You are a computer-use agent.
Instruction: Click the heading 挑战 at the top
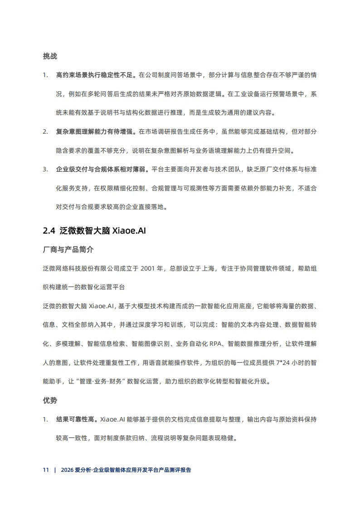click(x=49, y=57)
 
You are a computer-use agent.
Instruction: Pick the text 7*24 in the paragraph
click(x=282, y=363)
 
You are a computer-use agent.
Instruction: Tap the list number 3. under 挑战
click(x=45, y=170)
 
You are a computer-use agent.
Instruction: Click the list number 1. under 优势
click(x=45, y=420)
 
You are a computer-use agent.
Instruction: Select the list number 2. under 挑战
click(x=45, y=132)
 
